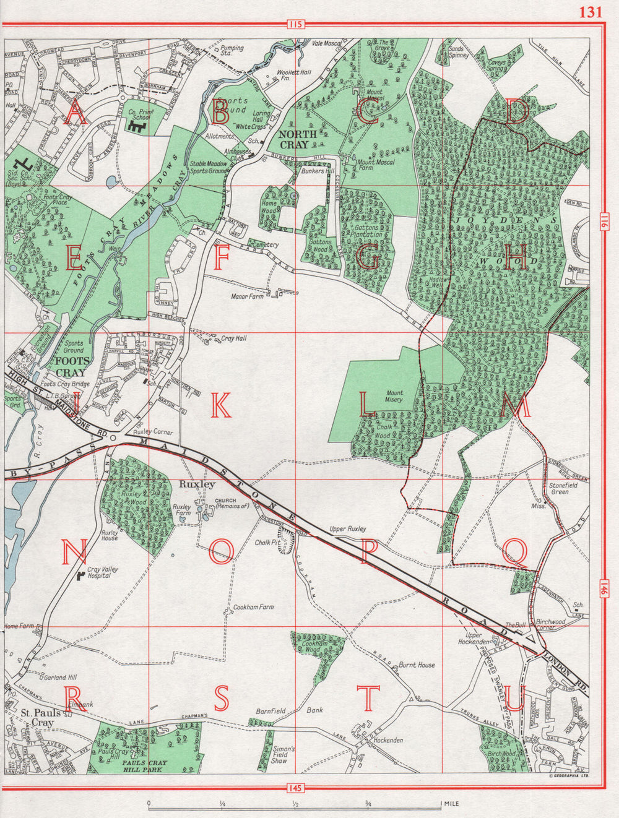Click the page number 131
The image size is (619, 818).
[x=591, y=12]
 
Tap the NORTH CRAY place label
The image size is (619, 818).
[x=298, y=139]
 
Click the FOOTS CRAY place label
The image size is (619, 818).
[x=71, y=367]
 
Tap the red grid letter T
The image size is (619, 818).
[x=369, y=699]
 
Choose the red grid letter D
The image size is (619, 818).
[x=519, y=112]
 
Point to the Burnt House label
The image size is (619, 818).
[x=417, y=665]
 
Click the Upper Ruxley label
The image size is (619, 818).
[x=348, y=529]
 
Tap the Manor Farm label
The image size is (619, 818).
[x=246, y=297]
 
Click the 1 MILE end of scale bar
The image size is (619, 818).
[x=451, y=804]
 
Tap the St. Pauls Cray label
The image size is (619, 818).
[x=35, y=717]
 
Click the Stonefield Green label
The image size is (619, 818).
[x=559, y=489]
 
